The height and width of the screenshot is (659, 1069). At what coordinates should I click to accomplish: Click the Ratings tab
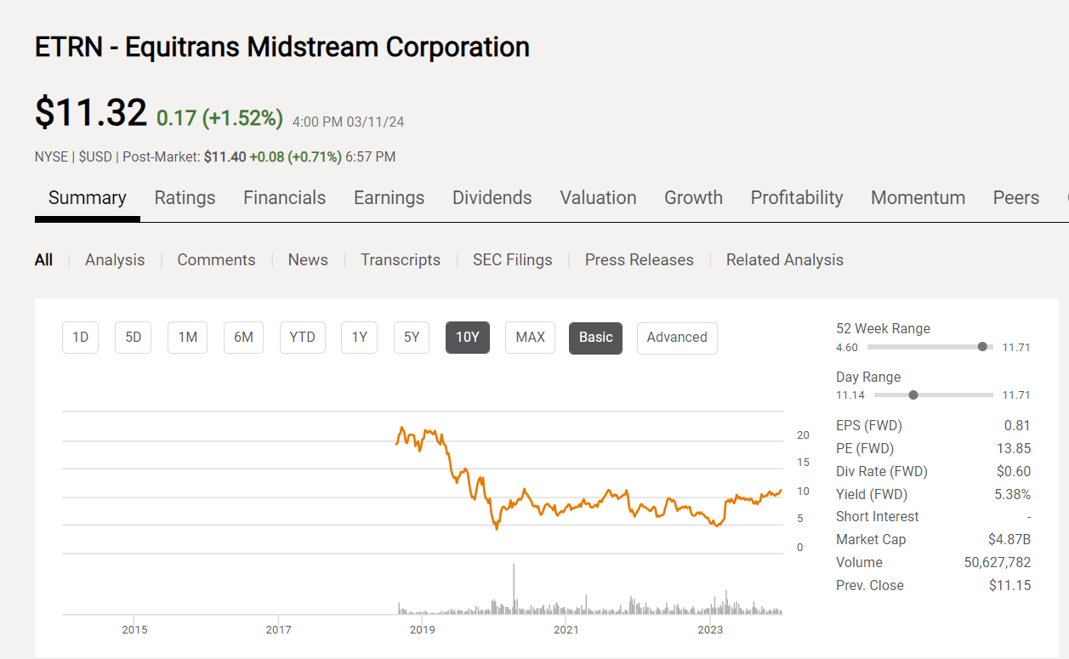coord(185,198)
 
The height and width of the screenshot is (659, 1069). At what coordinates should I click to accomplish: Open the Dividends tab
coord(492,198)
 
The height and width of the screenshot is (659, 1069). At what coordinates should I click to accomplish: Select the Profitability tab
coord(796,198)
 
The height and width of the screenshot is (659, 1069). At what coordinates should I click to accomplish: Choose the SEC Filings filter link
coord(512,260)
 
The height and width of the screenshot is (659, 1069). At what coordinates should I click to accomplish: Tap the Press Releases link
coord(639,260)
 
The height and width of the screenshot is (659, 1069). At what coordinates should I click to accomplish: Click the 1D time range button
coord(81,338)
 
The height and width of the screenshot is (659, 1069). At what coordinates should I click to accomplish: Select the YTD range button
coord(302,338)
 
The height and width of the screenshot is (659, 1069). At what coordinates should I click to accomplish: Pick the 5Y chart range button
coord(412,338)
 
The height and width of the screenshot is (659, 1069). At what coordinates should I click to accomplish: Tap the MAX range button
coord(530,338)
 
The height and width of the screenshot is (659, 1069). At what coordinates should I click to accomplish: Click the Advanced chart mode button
coord(676,338)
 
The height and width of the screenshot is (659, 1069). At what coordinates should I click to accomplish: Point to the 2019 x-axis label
coord(422,630)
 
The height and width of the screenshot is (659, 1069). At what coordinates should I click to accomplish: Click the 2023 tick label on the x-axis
coord(710,630)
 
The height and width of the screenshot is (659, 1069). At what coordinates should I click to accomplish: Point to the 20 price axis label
coord(803,435)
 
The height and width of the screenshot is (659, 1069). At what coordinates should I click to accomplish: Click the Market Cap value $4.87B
coord(1009,540)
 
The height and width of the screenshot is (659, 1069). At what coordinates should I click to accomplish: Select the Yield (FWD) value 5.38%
coord(1011,494)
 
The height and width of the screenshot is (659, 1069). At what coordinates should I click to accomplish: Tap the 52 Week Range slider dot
coord(983,347)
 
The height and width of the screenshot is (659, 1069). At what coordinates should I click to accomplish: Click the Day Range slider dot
coord(913,395)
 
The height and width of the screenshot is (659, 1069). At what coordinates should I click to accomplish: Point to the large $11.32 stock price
coord(91,113)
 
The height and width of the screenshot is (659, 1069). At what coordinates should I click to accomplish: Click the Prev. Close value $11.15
coord(1009,586)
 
